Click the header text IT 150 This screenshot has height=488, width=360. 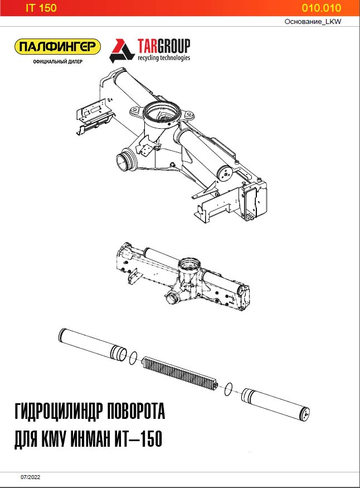41,8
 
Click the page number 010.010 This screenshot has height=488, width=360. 321,8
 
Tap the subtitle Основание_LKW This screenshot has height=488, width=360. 313,22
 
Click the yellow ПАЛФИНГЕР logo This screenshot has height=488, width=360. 58,47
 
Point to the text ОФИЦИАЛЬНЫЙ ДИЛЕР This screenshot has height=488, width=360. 58,61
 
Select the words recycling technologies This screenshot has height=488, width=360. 164,58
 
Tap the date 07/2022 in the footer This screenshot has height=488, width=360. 31,477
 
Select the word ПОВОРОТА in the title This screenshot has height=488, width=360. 136,412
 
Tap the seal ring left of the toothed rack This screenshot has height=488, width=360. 133,358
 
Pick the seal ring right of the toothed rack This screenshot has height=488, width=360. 228,389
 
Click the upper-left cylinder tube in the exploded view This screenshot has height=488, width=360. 93,344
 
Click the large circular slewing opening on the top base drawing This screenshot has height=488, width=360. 162,112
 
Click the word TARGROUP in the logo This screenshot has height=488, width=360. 164,46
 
